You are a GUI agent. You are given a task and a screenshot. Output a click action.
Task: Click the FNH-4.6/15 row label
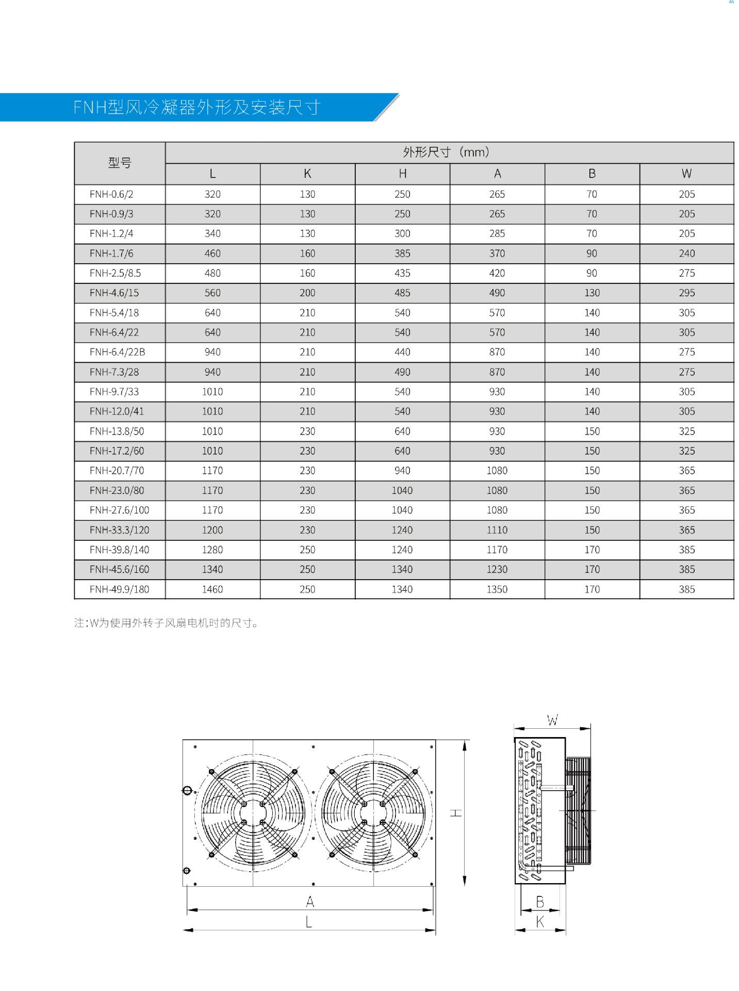click(x=114, y=293)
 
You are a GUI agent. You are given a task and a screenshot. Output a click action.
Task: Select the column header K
click(x=307, y=174)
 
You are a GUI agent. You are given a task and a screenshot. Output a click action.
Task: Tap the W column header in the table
click(x=686, y=174)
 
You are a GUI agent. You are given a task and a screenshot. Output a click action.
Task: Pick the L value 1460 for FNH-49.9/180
click(x=212, y=589)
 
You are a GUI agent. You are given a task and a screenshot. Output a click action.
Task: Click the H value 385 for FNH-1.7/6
click(x=402, y=253)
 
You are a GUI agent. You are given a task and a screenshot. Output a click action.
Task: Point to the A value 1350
click(x=497, y=589)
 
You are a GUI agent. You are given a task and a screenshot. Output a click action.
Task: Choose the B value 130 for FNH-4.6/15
click(x=592, y=293)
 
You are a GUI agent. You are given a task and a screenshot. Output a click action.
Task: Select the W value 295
click(x=686, y=293)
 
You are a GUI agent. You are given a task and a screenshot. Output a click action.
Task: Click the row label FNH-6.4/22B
click(x=117, y=352)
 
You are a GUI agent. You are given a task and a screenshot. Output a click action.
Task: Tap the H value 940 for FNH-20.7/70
click(x=402, y=470)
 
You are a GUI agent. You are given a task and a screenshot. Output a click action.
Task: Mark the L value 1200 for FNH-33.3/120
click(x=212, y=530)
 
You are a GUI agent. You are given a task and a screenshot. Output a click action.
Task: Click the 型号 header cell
click(x=120, y=163)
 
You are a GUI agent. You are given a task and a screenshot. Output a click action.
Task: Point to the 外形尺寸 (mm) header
click(x=447, y=152)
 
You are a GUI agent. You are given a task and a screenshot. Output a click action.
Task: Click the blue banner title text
click(x=197, y=107)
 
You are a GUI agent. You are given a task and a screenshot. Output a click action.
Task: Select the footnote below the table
click(x=166, y=623)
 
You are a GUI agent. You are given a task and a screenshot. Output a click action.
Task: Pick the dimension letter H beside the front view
click(x=456, y=813)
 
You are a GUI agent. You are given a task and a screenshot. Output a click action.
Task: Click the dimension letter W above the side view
click(x=552, y=721)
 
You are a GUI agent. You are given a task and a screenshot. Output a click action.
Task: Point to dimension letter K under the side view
click(x=540, y=921)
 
